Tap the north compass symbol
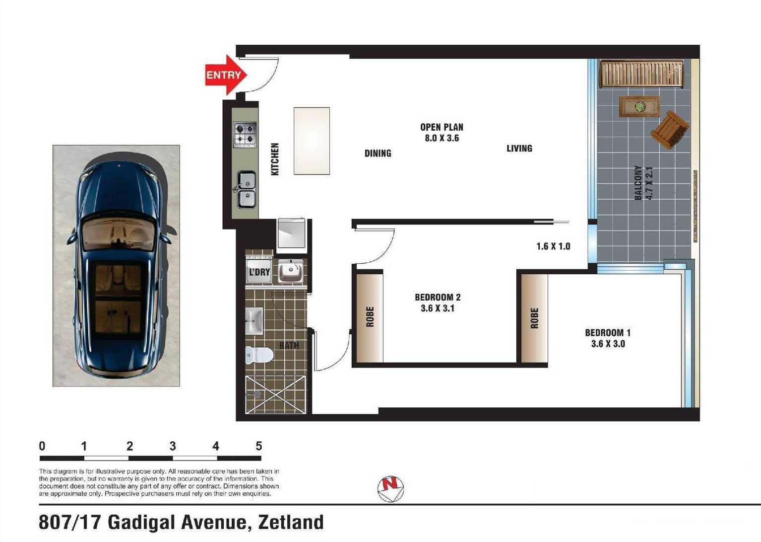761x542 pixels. coord(391,489)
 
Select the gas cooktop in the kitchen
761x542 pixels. coord(245,135)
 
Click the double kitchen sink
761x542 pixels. coord(247,189)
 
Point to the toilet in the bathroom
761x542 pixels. coord(259,355)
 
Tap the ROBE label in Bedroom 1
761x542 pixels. coord(534,318)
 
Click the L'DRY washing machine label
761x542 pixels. coord(259,272)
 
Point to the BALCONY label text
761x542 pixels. coord(638,183)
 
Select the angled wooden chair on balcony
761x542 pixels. coord(669,130)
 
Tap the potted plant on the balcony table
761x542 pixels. coord(640,106)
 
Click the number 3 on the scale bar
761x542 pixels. coord(173,446)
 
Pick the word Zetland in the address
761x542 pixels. coord(291,522)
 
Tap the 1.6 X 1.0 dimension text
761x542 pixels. coord(553,246)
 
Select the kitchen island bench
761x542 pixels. coord(312,141)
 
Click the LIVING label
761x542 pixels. coord(519,149)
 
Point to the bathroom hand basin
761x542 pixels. coord(254,321)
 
